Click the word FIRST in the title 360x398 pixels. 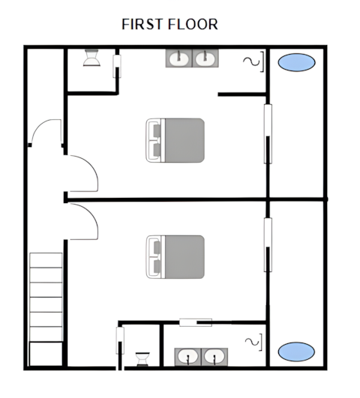(x=142, y=25)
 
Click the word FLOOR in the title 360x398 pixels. (x=193, y=25)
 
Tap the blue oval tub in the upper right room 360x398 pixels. (x=296, y=62)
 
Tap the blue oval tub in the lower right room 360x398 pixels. (x=296, y=352)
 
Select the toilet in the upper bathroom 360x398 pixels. (x=91, y=58)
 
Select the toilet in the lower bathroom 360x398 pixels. (x=142, y=359)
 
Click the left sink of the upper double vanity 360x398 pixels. (x=179, y=58)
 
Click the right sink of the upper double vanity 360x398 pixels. (x=205, y=58)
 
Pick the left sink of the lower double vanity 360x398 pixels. (x=188, y=357)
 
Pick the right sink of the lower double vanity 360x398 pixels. (x=214, y=357)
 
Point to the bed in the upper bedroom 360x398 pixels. (x=175, y=140)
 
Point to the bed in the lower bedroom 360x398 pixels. (x=175, y=257)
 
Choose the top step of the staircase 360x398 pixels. (x=46, y=260)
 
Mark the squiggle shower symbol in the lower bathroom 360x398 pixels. (x=252, y=342)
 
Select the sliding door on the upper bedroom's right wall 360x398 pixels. (x=268, y=133)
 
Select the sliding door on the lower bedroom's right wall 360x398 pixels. (x=268, y=245)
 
